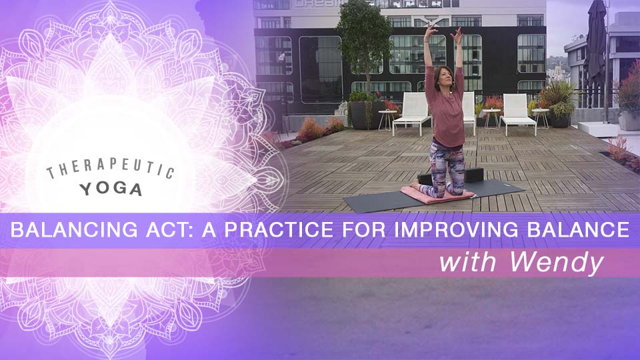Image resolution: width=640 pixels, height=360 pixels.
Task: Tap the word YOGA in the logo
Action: click(111, 189)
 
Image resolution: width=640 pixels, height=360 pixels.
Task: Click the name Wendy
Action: click(557, 263)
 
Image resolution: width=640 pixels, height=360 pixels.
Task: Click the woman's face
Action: click(441, 66)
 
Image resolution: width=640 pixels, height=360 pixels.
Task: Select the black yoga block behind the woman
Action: click(470, 175)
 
